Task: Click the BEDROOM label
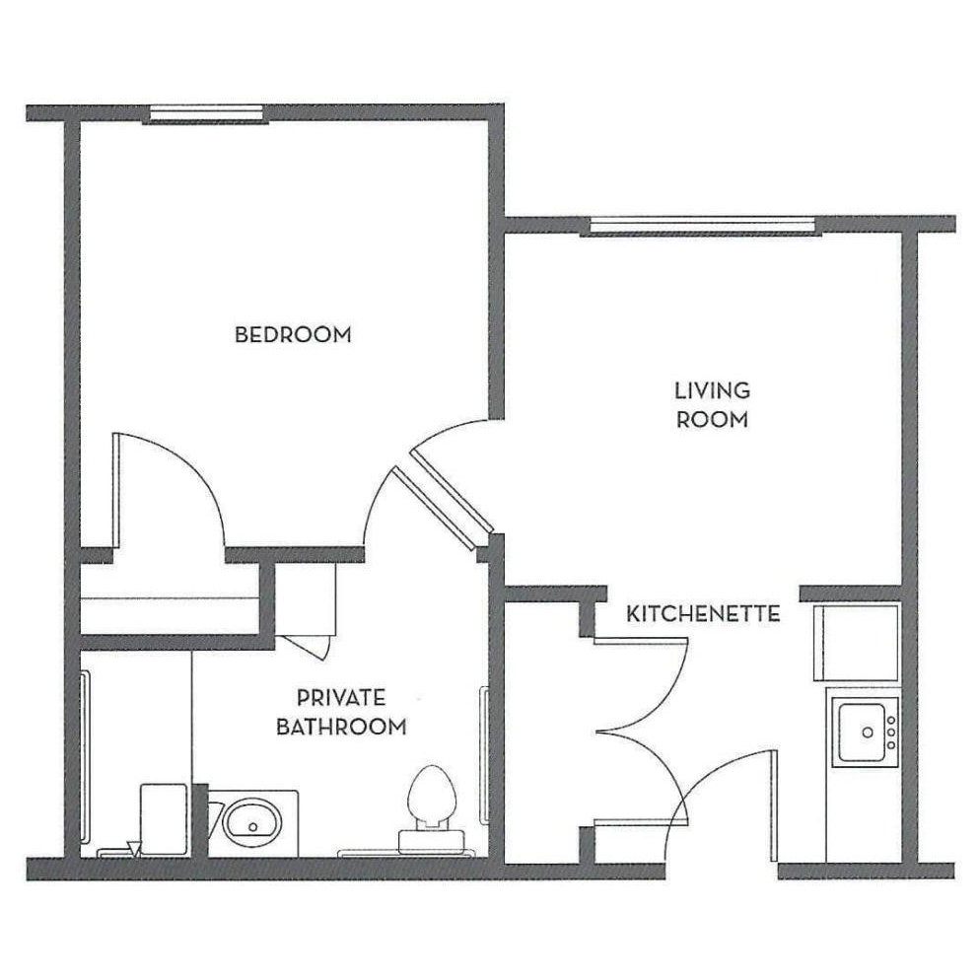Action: coord(293,334)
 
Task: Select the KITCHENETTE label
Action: coord(703,614)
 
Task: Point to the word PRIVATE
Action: coord(340,698)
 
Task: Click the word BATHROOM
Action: coord(340,728)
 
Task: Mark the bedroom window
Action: coord(206,113)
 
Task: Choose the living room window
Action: coord(704,224)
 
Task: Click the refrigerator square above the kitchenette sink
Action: coord(856,643)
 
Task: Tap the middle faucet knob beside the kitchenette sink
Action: coord(891,733)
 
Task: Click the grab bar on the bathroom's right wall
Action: coord(484,754)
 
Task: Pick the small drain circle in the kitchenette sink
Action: coord(869,733)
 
